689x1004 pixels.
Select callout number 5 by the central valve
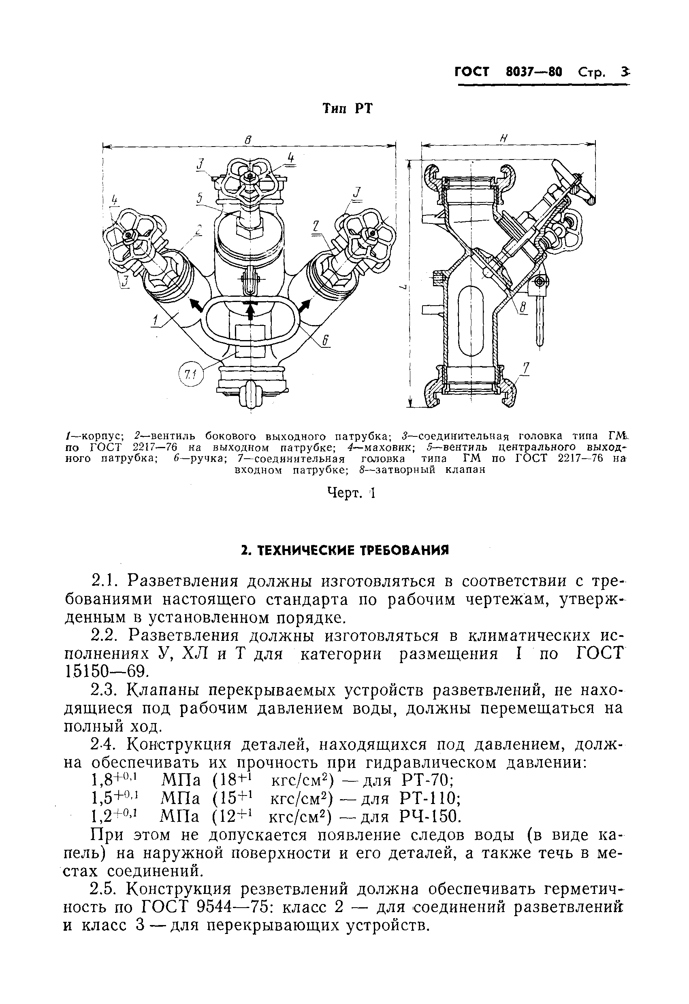199,198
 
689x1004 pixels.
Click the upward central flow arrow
250,309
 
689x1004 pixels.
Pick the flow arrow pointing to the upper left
197,305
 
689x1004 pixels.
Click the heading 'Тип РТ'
347,109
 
